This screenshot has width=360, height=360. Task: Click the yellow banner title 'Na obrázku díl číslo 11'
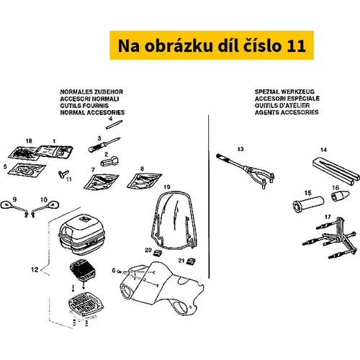click(212, 45)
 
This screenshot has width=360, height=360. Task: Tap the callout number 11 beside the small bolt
click(69, 179)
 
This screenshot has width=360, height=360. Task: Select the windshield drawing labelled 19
click(174, 221)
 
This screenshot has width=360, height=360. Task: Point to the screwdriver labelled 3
click(104, 145)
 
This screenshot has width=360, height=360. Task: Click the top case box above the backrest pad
click(82, 234)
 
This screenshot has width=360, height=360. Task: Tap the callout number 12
click(35, 269)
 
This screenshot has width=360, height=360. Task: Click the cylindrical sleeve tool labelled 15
click(308, 204)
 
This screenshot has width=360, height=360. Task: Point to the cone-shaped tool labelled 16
click(341, 196)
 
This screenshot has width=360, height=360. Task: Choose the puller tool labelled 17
click(330, 238)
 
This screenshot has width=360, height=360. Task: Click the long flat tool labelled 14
click(336, 171)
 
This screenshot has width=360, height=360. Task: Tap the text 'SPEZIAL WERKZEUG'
click(284, 91)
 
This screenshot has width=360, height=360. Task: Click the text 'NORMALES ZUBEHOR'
click(91, 92)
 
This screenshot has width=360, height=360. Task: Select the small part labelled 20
click(157, 253)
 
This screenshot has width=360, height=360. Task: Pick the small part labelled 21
click(191, 261)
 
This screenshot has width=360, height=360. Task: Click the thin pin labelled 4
click(114, 125)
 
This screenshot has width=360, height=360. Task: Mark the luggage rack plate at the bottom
click(86, 304)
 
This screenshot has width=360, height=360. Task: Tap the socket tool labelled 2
click(109, 161)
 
